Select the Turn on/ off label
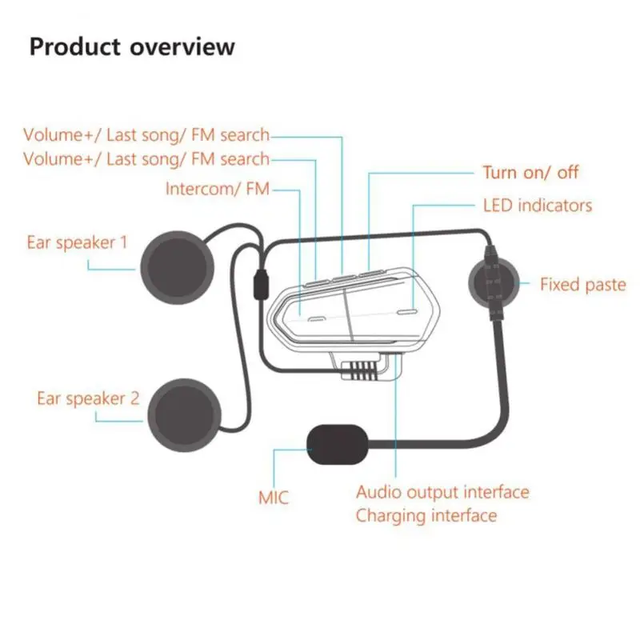[530, 172]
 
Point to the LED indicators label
[538, 206]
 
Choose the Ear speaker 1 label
[77, 242]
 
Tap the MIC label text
[274, 498]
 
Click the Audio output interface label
[442, 492]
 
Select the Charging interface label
[426, 515]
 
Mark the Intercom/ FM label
[218, 190]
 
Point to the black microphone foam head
[334, 445]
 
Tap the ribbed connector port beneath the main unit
[362, 370]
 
